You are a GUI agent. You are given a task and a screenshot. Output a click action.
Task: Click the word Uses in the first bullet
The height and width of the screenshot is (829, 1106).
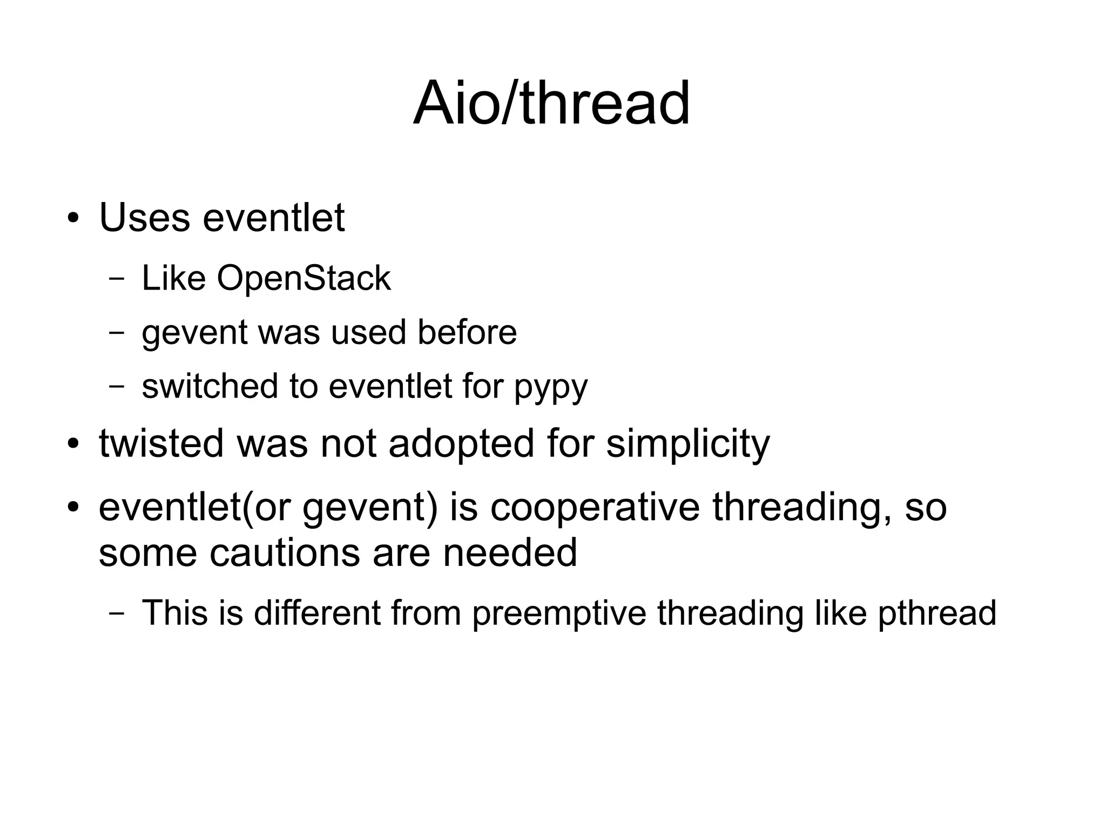144,218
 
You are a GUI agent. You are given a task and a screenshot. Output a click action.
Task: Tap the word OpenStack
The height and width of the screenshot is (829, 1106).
304,279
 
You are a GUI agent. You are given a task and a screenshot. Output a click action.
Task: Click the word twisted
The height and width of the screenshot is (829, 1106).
161,443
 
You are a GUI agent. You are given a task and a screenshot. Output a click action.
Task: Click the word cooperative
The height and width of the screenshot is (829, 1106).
595,508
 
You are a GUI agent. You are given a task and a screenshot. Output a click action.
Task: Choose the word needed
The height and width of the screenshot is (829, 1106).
510,552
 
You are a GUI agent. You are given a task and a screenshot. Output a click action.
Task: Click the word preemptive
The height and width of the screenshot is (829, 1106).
559,614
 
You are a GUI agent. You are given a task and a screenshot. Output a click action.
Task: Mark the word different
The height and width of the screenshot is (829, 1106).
317,613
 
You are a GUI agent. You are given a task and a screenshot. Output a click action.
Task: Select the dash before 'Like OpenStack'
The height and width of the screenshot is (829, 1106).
116,279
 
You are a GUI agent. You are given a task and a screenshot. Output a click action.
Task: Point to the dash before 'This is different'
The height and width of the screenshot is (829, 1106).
116,614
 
